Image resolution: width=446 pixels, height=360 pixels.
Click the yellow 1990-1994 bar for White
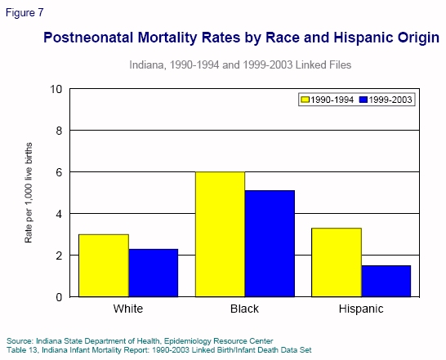pos(104,265)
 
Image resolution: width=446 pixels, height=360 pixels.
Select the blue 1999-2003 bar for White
pos(153,273)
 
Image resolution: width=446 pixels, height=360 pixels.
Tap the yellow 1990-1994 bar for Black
pos(221,234)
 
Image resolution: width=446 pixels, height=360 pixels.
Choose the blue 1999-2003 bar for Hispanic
pos(386,281)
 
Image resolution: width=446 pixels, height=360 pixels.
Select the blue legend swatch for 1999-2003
pos(363,100)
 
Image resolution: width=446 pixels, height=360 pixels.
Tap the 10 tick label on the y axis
pos(56,89)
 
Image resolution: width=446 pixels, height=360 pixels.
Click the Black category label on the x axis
pos(245,310)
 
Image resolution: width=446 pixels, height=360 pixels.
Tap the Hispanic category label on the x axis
pos(362,310)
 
